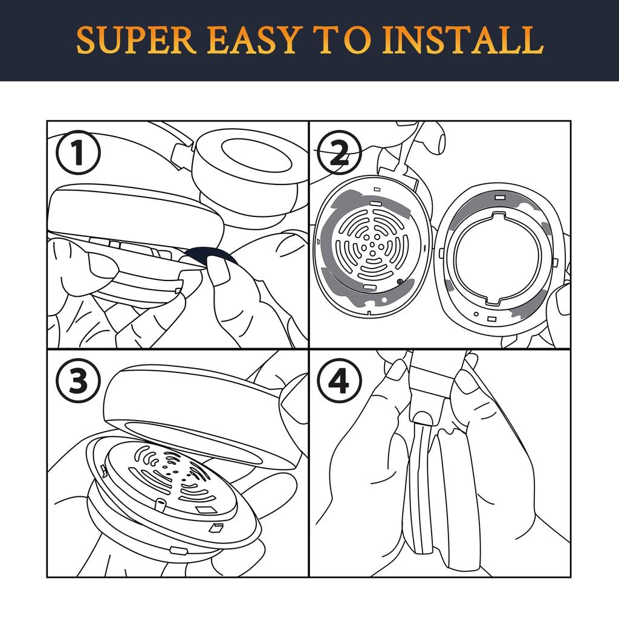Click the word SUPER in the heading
pyautogui.click(x=136, y=40)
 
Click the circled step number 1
pyautogui.click(x=78, y=153)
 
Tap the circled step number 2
pyautogui.click(x=339, y=153)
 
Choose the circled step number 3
pyautogui.click(x=78, y=381)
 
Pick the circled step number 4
pyautogui.click(x=339, y=381)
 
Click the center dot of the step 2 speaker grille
pyautogui.click(x=372, y=245)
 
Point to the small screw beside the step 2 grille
pyautogui.click(x=399, y=282)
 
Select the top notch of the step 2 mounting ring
pyautogui.click(x=499, y=217)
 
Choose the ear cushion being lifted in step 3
pyautogui.click(x=203, y=415)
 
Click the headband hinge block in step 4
pyautogui.click(x=431, y=385)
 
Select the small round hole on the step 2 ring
pyautogui.click(x=476, y=314)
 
